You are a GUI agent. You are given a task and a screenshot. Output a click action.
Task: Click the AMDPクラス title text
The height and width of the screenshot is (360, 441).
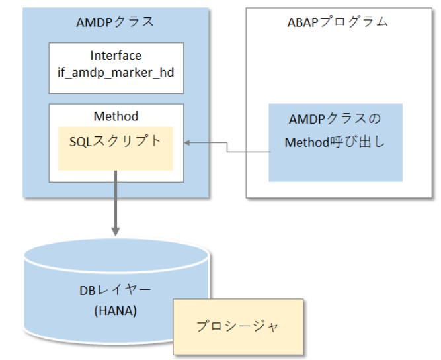[116, 22]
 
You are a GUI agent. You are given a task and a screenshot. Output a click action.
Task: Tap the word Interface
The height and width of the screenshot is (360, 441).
[116, 56]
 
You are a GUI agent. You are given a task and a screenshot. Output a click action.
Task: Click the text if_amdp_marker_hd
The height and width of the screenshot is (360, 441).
[116, 72]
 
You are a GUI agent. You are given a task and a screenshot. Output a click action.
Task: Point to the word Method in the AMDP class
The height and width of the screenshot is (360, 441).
[116, 116]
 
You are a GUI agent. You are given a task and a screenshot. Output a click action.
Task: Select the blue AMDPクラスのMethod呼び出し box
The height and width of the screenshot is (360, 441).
[335, 142]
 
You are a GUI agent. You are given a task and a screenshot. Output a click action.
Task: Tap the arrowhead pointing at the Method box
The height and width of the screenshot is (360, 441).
[187, 142]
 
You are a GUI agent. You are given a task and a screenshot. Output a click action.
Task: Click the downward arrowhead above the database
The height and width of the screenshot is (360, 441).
[116, 231]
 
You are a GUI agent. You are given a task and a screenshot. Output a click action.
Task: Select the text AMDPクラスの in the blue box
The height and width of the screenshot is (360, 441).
[335, 120]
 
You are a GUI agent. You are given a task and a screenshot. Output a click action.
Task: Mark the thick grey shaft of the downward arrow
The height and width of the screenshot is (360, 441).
[116, 199]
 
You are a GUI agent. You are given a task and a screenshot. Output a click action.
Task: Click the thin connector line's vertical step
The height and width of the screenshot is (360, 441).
[227, 147]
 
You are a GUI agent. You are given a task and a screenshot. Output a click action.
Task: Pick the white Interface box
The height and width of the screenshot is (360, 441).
[116, 67]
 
